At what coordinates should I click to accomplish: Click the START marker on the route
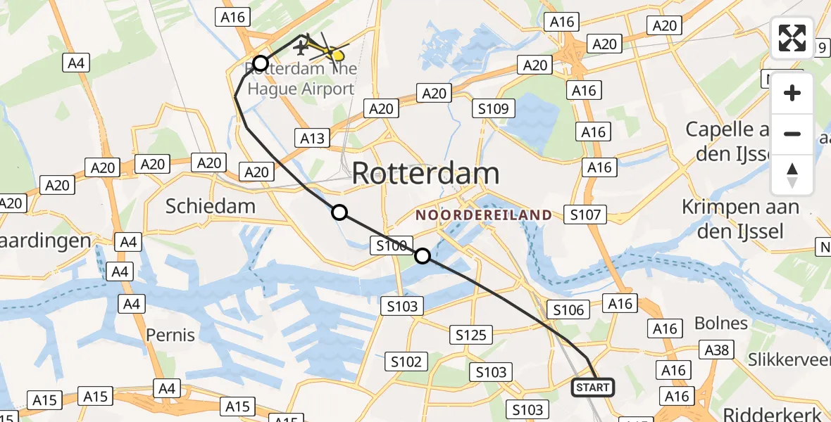coord(593,388)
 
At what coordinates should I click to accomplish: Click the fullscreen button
coord(792,38)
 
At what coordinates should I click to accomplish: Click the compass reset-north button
coord(792,175)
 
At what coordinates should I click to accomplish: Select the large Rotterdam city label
coord(425,173)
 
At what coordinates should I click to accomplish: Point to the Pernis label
coord(170,334)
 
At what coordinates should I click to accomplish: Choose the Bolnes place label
coord(720,323)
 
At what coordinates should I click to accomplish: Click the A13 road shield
coord(313,138)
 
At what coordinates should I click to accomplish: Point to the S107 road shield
coord(585,215)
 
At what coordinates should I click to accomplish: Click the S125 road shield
coord(471,335)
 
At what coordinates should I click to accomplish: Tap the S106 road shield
coord(568,309)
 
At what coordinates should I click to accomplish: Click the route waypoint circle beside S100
coord(423,256)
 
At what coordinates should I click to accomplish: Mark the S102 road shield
coord(406,362)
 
